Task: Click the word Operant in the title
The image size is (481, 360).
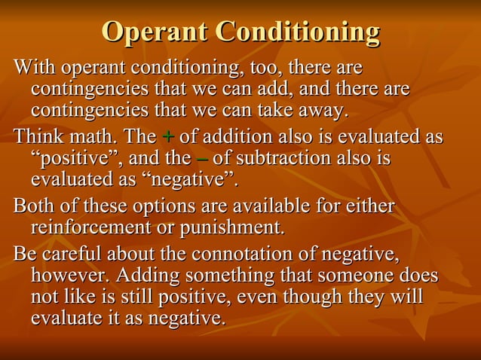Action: (155, 33)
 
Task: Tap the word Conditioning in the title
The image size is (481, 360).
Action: (297, 33)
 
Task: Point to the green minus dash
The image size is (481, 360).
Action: (202, 159)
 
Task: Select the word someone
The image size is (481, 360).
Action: (360, 275)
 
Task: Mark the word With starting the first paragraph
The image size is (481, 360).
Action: (34, 69)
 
